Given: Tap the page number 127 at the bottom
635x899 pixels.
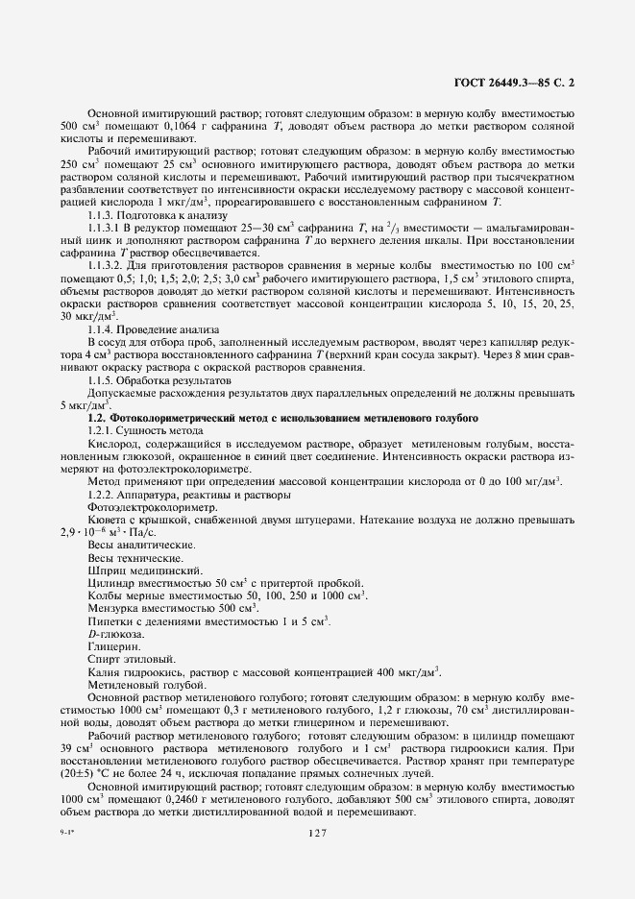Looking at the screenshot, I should [x=319, y=834].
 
